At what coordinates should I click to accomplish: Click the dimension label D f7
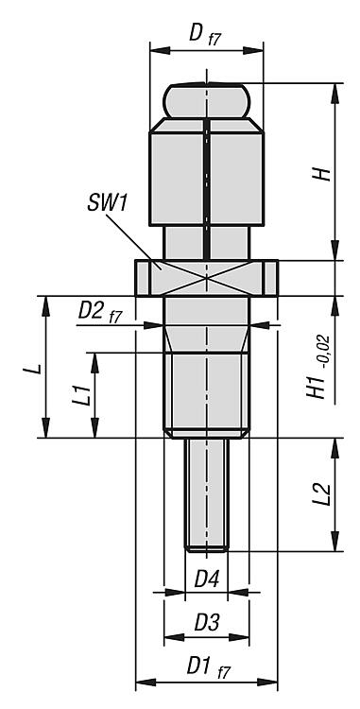click(x=204, y=36)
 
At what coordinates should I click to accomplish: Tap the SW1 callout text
click(x=107, y=205)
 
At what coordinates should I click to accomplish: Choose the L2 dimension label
click(x=323, y=496)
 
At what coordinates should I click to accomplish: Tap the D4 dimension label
click(x=206, y=579)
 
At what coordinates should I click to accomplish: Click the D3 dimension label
click(x=206, y=624)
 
